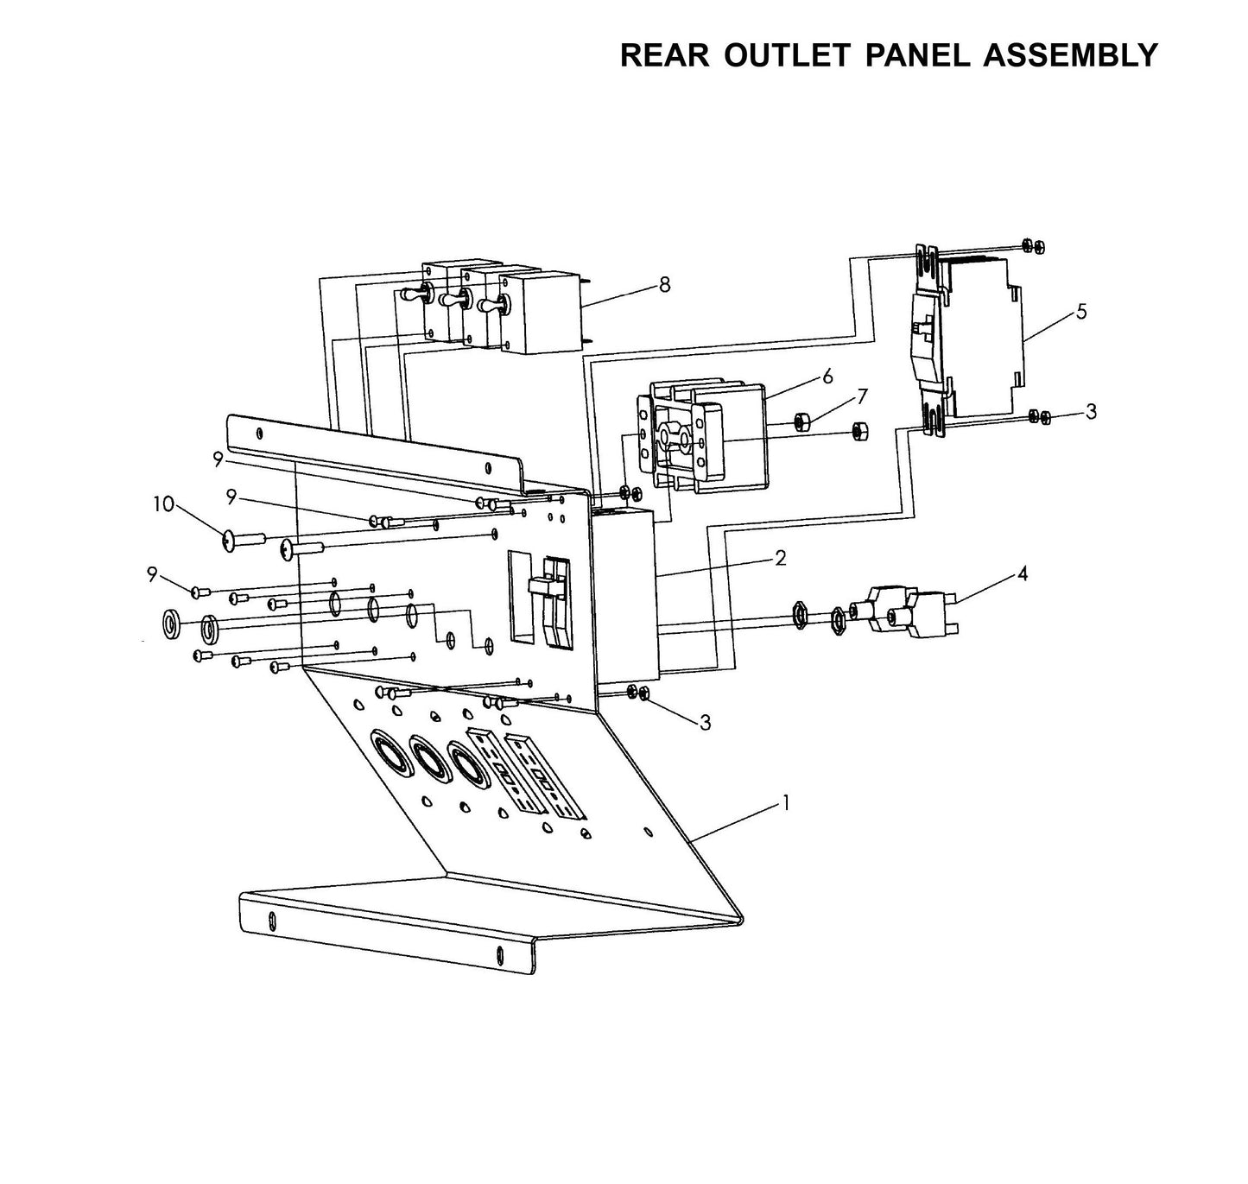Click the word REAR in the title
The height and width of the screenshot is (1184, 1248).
coord(665,55)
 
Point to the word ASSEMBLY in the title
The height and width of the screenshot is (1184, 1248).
coord(1071,55)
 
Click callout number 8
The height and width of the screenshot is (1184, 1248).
coord(664,285)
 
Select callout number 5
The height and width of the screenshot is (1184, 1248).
coord(1081,313)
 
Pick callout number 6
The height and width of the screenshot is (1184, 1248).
coord(827,377)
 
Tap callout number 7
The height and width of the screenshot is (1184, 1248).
coord(862,396)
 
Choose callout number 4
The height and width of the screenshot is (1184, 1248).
coord(1023,573)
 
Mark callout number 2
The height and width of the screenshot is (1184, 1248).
coord(781,559)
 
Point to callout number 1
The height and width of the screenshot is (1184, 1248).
coord(785,802)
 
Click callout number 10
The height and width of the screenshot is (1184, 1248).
coord(163,504)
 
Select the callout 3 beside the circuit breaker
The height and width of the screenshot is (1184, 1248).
coord(1091,412)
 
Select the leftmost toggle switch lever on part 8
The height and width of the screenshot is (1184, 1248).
coord(412,295)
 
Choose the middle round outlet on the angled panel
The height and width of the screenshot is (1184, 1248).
coord(429,757)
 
